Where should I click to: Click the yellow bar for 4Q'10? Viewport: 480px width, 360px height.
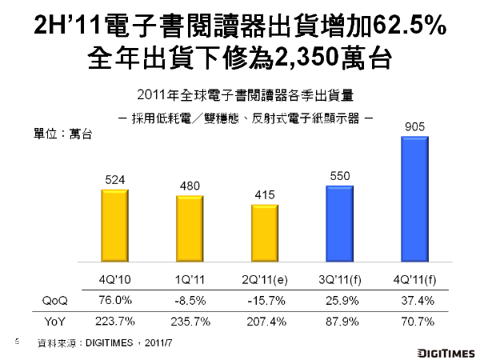pos(114,228)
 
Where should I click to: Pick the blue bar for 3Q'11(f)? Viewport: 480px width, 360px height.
pos(340,225)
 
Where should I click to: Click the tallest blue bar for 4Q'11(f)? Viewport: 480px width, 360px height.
pos(414,199)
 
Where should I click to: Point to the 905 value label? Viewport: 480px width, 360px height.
pos(414,126)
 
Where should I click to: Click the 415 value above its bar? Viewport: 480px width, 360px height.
pos(265,196)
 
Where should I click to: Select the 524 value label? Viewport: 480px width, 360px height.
pos(114,179)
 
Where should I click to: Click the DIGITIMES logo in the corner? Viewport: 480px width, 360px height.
pos(446,350)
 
